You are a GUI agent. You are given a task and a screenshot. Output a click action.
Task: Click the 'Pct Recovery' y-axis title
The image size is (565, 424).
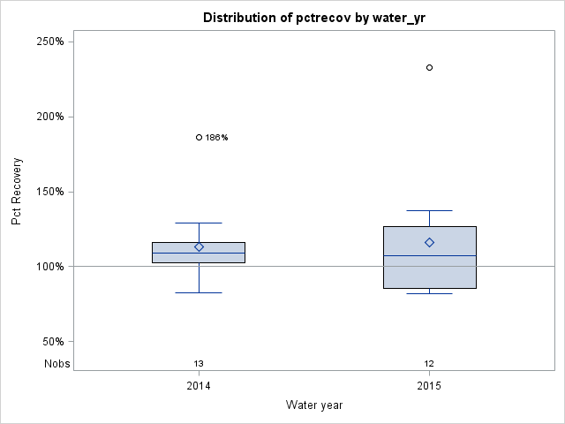17,192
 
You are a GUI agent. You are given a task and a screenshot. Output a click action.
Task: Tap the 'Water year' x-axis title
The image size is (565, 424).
314,405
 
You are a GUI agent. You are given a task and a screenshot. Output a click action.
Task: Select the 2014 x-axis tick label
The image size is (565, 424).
199,386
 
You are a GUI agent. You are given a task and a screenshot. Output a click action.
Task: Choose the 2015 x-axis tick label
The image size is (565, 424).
430,386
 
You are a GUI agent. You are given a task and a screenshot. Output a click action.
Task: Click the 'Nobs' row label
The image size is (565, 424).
56,363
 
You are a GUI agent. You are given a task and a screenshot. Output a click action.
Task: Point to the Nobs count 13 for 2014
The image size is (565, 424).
199,363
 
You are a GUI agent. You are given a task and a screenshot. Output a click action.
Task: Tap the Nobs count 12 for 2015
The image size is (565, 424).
430,363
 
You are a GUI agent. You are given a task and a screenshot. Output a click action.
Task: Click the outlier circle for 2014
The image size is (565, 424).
199,137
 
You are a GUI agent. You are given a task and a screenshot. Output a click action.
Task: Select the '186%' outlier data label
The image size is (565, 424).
217,138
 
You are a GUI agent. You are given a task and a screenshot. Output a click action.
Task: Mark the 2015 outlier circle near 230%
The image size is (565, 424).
430,67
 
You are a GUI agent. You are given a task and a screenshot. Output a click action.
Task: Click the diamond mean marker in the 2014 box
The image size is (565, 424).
199,247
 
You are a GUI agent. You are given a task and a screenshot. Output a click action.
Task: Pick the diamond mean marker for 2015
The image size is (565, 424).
430,242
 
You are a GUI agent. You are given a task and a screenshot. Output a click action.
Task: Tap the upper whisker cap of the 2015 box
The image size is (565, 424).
430,210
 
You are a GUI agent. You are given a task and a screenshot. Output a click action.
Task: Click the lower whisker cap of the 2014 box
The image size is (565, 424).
199,292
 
